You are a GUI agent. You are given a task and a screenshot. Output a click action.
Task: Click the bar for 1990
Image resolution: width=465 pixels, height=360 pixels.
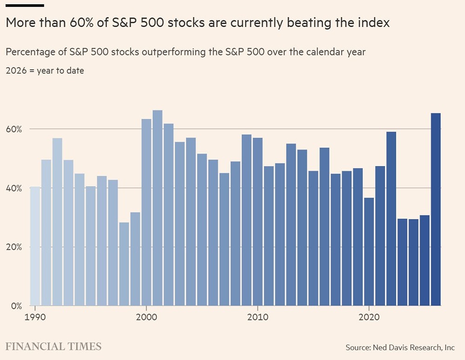tap(35, 246)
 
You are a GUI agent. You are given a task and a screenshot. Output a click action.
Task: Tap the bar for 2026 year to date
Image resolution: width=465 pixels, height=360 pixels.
tap(436, 209)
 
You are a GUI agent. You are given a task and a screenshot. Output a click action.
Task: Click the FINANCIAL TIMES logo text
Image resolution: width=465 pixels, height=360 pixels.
tap(53, 347)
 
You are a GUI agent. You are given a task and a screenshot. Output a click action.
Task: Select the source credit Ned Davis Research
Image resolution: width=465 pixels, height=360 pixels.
tap(400, 347)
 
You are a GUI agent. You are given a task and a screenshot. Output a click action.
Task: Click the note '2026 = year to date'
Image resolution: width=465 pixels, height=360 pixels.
tap(45, 71)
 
